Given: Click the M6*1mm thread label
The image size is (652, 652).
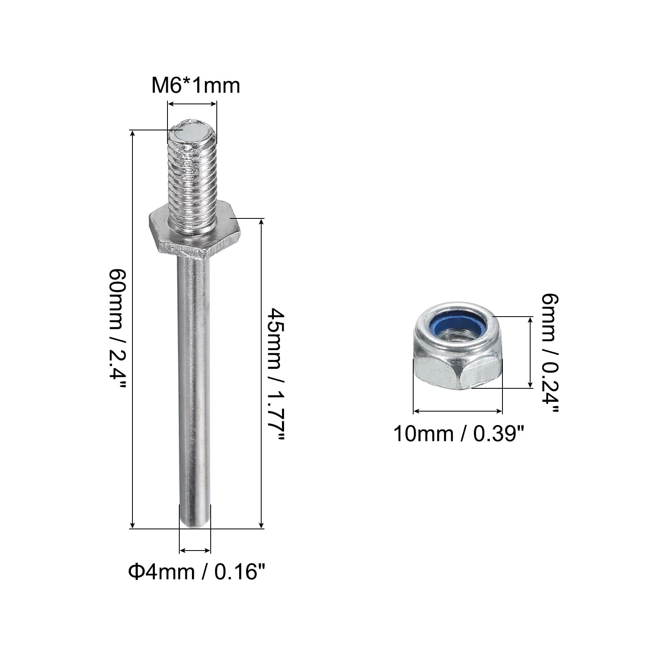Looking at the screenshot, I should tap(196, 86).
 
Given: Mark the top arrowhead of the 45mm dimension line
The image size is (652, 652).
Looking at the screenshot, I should tap(261, 222).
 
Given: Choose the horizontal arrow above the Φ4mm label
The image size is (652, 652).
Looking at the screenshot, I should tap(195, 551).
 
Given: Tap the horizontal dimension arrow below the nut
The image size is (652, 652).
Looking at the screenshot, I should tap(458, 412).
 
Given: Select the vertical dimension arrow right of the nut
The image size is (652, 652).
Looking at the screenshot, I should tap(530, 352).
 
